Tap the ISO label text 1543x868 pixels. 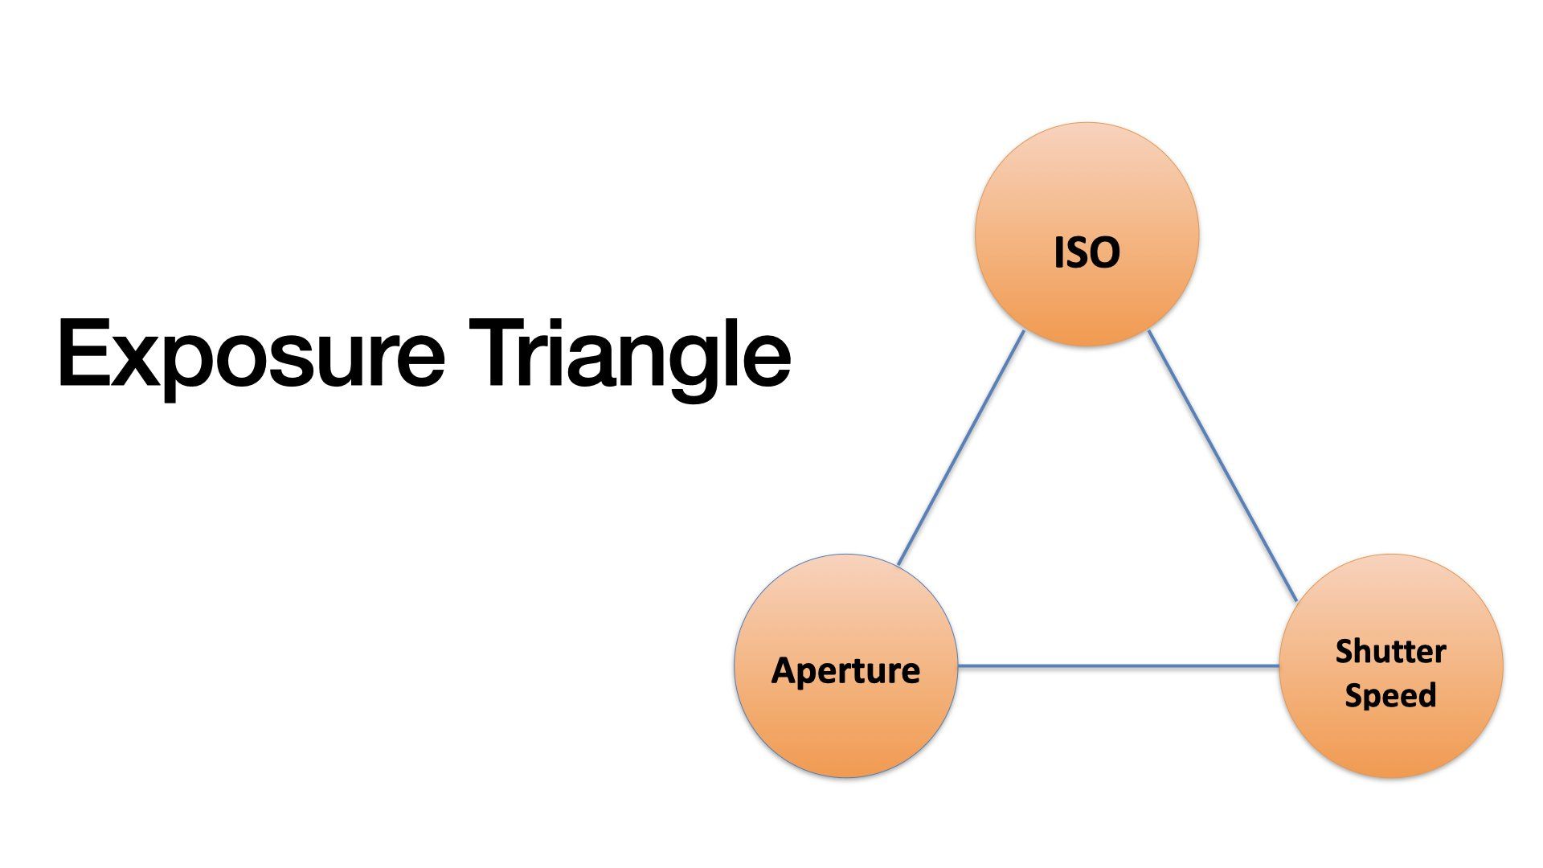pyautogui.click(x=1087, y=252)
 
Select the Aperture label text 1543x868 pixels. pyautogui.click(x=845, y=670)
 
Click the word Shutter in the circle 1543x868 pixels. pyautogui.click(x=1390, y=651)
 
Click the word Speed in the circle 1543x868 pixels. pyautogui.click(x=1390, y=694)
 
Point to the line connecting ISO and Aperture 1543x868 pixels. pyautogui.click(x=960, y=448)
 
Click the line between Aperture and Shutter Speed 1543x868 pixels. pyautogui.click(x=1119, y=665)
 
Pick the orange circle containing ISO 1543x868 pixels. pyautogui.click(x=1087, y=234)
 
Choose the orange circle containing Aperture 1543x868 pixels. pyautogui.click(x=846, y=665)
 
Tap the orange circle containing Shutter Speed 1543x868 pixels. pyautogui.click(x=1390, y=665)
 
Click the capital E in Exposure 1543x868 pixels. pyautogui.click(x=83, y=353)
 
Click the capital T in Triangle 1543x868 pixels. pyautogui.click(x=497, y=353)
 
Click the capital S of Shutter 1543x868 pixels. pyautogui.click(x=1344, y=651)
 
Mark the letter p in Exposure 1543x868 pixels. pyautogui.click(x=190, y=369)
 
